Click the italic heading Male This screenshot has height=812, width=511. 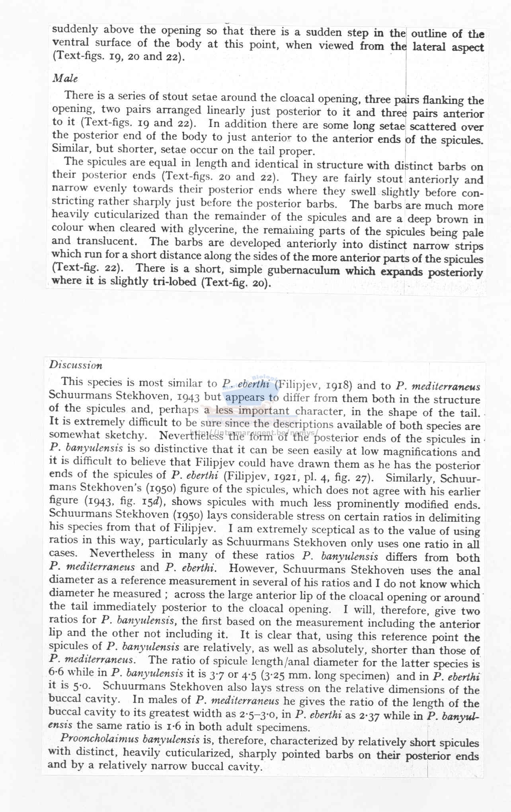click(65, 78)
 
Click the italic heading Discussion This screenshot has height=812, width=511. click(76, 365)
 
